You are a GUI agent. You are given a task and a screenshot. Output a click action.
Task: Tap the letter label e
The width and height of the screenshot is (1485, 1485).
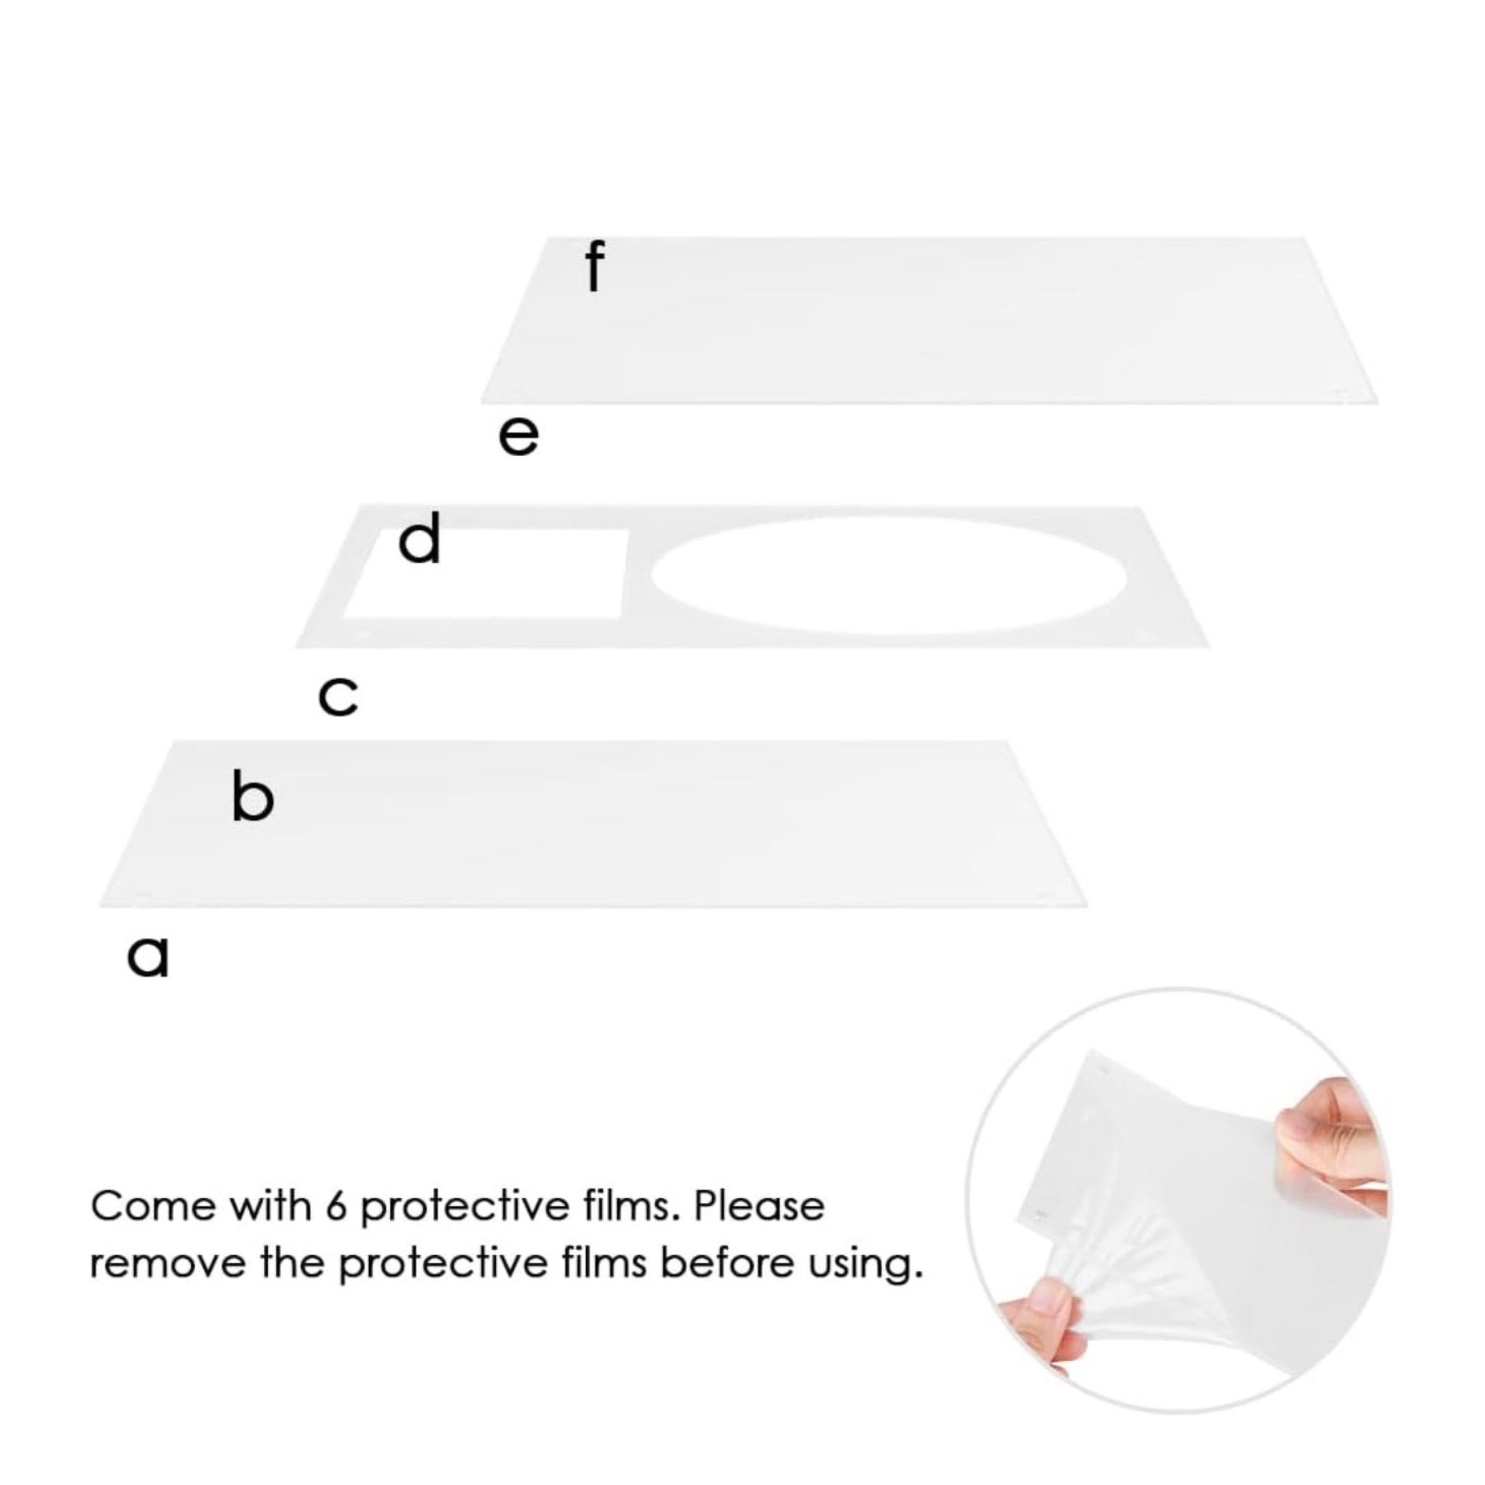519,436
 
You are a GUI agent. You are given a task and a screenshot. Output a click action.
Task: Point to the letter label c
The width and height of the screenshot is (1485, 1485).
338,696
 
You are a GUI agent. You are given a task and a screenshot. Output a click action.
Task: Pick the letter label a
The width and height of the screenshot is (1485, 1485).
148,957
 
